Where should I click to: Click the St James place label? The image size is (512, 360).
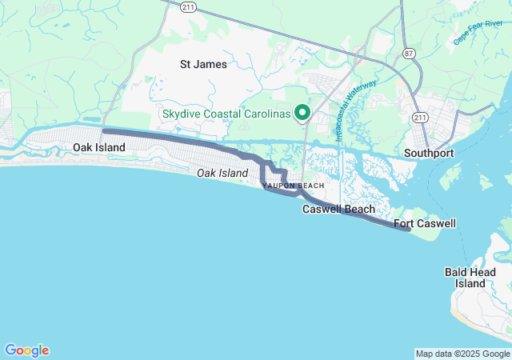click(203, 64)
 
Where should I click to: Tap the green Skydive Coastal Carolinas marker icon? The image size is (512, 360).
click(302, 114)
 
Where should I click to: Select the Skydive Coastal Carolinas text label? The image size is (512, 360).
click(226, 114)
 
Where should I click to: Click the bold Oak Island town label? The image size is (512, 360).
click(99, 148)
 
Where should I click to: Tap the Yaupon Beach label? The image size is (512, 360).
click(282, 186)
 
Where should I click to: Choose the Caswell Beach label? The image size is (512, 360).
click(338, 210)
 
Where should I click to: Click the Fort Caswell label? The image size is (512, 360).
click(425, 223)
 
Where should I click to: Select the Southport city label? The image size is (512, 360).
click(429, 153)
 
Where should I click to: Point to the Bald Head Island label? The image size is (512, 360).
click(470, 278)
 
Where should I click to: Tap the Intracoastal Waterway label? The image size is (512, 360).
click(355, 110)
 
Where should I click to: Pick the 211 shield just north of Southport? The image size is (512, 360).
click(419, 116)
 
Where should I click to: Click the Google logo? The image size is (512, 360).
click(26, 350)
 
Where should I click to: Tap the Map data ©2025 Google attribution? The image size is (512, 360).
click(462, 354)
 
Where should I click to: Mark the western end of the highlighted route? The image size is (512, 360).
click(105, 130)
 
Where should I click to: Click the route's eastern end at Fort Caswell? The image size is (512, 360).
click(408, 230)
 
